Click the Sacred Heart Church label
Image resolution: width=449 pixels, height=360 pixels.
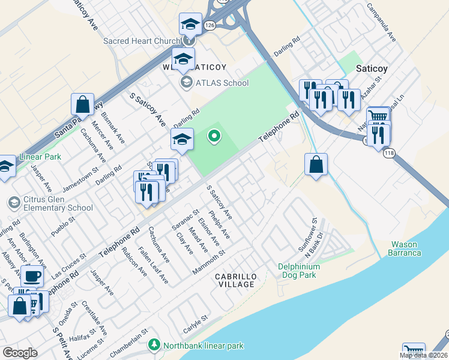tap(142, 41)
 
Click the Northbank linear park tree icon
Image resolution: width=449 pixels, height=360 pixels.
tap(155, 345)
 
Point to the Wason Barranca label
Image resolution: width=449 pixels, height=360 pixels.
tap(414, 248)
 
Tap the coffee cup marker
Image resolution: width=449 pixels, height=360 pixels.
tap(32, 276)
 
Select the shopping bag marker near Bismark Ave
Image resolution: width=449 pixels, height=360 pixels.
tap(82, 104)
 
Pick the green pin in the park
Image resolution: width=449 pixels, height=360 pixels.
tap(214, 137)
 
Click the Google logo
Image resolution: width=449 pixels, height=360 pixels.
tap(20, 353)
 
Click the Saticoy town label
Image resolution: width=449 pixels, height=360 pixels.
tap(372, 68)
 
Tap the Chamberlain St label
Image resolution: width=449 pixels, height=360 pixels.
tap(128, 338)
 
